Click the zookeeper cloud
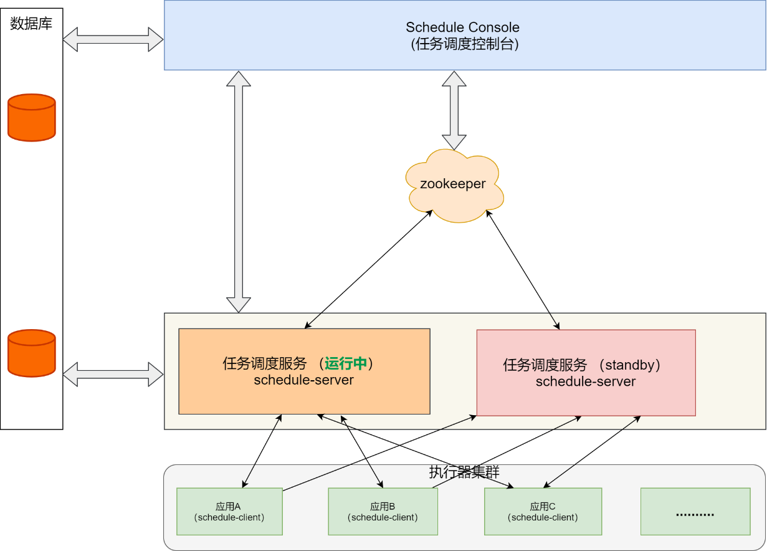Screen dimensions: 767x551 (454, 186)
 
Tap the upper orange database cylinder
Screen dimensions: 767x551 (32, 117)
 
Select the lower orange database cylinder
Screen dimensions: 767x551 (32, 353)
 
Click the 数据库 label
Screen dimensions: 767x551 (31, 24)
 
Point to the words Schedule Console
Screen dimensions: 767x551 (462, 27)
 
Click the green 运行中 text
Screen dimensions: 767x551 (345, 363)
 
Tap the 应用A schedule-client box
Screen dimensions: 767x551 (229, 511)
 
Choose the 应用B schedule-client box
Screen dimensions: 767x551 (383, 511)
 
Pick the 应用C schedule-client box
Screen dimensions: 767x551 (543, 511)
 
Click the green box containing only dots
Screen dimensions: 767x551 (695, 511)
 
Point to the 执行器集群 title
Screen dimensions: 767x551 (464, 472)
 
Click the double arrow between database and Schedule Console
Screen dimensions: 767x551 (113, 39)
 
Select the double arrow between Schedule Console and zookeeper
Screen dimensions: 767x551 (454, 110)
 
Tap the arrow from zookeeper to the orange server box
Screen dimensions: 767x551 (368, 269)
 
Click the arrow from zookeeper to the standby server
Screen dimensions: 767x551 (523, 270)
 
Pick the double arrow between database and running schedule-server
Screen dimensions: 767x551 (113, 375)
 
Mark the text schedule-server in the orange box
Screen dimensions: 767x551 (303, 380)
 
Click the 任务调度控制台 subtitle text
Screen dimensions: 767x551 (465, 44)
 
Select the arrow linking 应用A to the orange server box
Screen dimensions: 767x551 (262, 451)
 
